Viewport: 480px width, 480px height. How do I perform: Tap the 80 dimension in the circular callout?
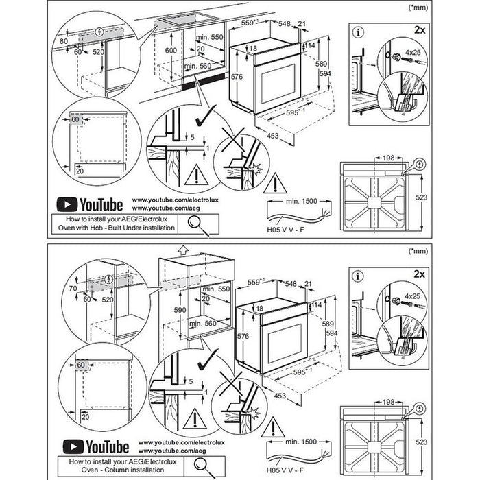(63, 41)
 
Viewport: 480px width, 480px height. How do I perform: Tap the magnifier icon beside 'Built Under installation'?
(197, 222)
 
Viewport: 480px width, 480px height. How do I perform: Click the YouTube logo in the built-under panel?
(89, 204)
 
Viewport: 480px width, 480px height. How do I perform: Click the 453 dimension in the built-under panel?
(272, 136)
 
